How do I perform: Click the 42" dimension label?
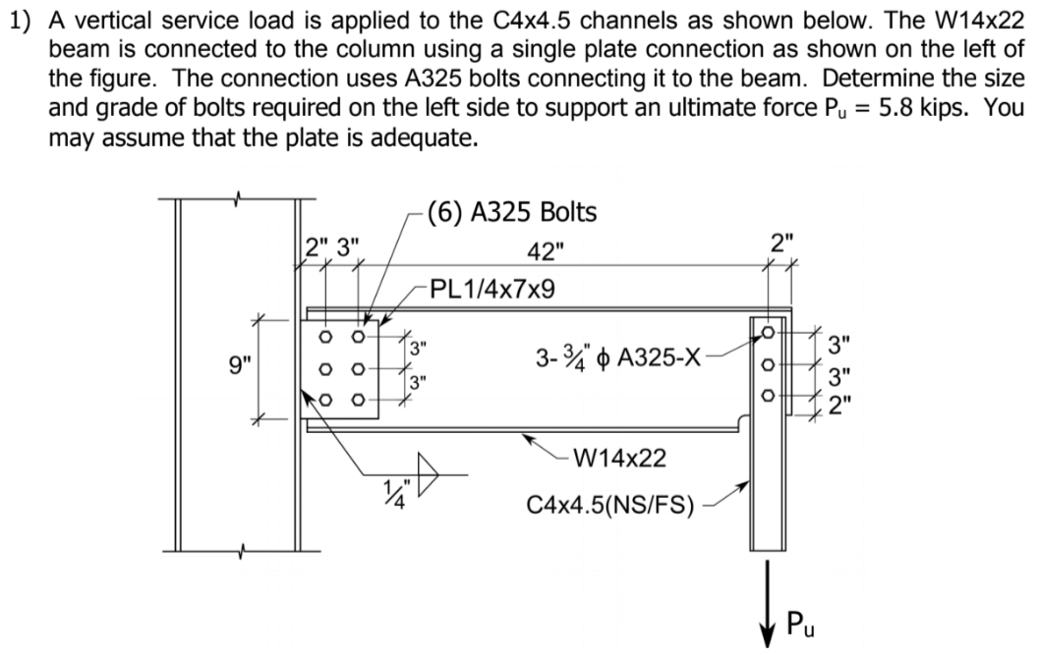click(547, 251)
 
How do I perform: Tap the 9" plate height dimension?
click(240, 368)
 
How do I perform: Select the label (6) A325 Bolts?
click(510, 211)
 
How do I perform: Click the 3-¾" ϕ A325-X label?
click(618, 356)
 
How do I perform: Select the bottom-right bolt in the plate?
click(358, 401)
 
